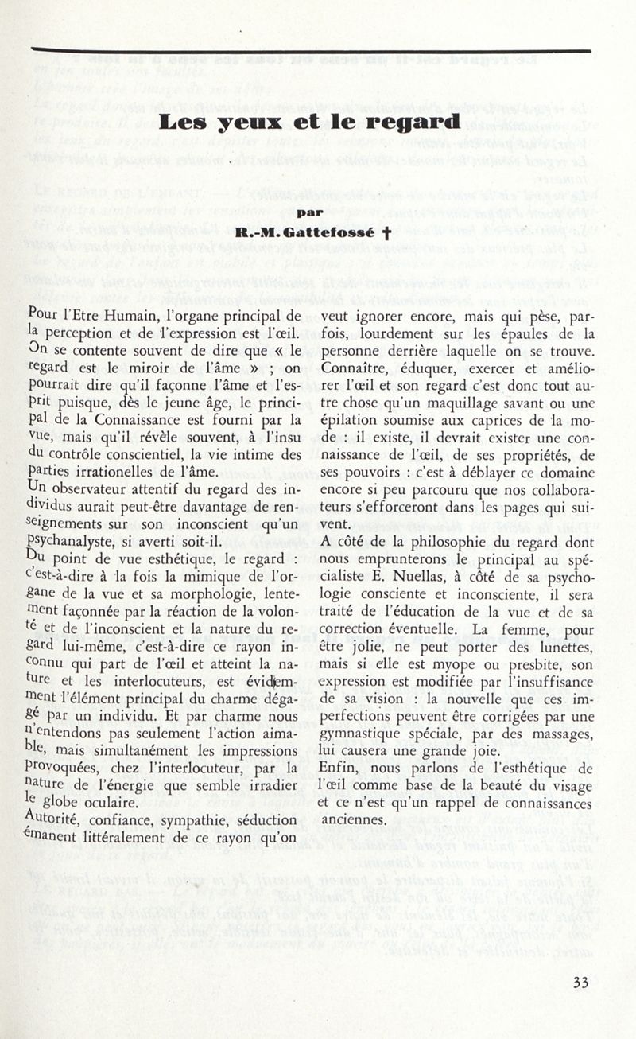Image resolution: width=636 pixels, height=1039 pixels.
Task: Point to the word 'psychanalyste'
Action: tap(72, 524)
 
